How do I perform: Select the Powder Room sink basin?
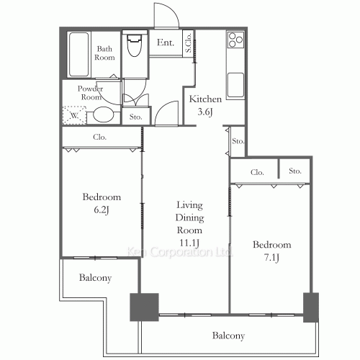104,114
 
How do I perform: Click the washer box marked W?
74,114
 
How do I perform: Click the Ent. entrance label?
165,43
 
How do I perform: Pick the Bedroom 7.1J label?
271,251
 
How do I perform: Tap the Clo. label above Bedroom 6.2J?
100,136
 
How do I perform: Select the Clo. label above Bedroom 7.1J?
257,172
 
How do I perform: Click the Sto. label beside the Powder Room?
135,115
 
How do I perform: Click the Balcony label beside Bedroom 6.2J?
95,278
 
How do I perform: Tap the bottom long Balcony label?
229,336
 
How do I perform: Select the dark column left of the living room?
144,307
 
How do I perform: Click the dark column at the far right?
311,307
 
